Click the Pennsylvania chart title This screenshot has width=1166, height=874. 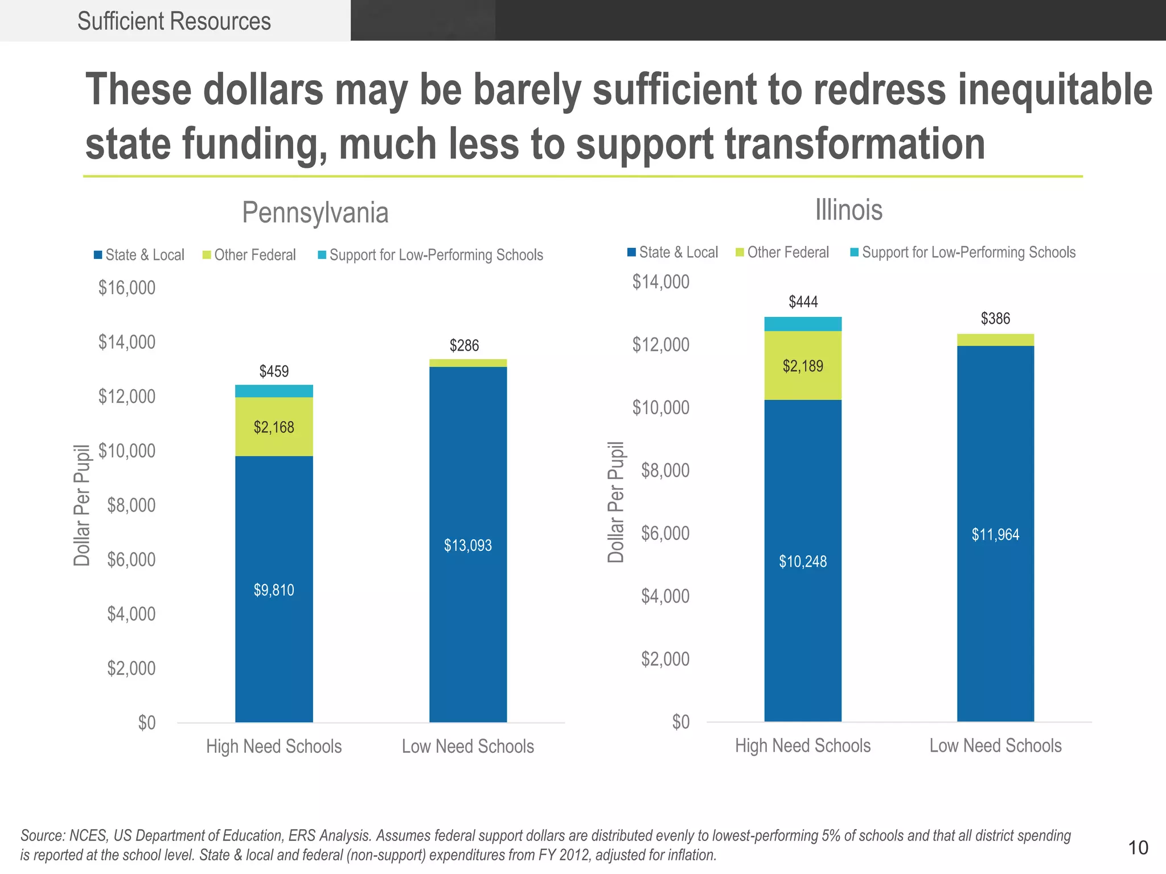click(x=315, y=213)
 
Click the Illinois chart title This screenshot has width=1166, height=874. click(x=848, y=210)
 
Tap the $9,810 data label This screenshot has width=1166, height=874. click(x=274, y=590)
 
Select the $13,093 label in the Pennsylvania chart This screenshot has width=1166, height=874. click(x=467, y=546)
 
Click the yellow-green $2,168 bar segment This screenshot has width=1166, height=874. click(x=274, y=427)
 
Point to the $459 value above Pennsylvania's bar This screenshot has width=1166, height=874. click(x=274, y=372)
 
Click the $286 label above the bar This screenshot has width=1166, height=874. click(x=464, y=345)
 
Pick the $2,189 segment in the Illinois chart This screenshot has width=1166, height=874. click(x=803, y=366)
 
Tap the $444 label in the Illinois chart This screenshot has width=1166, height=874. click(x=803, y=302)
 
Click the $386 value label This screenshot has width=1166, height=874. click(x=995, y=319)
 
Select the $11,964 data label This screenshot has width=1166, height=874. click(x=995, y=535)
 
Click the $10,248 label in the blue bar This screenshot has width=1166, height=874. click(x=803, y=562)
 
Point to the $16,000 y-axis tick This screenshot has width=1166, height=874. click(x=126, y=288)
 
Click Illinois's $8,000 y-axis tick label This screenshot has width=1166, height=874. click(x=665, y=471)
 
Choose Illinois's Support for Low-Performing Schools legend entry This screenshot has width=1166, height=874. click(x=968, y=253)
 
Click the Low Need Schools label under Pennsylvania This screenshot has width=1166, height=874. click(x=467, y=747)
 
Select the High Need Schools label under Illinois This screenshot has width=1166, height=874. click(x=803, y=746)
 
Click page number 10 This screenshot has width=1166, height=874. click(x=1138, y=848)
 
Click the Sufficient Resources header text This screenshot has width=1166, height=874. click(x=174, y=22)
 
